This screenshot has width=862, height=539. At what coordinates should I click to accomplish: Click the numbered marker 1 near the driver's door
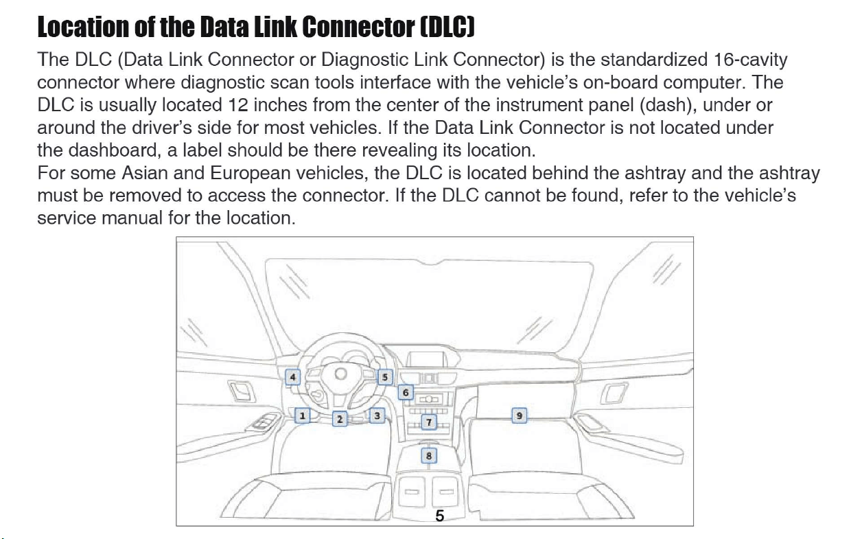click(x=302, y=416)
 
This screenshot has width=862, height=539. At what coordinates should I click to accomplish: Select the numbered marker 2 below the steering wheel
click(x=340, y=419)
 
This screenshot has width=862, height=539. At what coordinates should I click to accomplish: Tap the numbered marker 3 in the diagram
click(x=377, y=416)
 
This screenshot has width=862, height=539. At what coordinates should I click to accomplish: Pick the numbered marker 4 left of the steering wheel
click(x=292, y=377)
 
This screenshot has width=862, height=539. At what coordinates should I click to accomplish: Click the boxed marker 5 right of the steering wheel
click(x=385, y=377)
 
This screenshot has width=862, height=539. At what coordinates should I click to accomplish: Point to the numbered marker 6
click(x=405, y=392)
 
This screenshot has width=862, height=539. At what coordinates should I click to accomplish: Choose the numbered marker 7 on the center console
click(x=429, y=422)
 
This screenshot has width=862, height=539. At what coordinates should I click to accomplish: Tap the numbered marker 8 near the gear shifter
click(x=429, y=456)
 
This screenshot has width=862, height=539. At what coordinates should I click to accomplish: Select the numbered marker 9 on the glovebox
click(x=519, y=416)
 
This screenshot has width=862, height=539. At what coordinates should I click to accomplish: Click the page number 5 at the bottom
click(x=439, y=516)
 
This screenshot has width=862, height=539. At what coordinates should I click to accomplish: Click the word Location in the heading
click(x=83, y=27)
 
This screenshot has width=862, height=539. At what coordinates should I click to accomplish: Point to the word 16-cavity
click(x=750, y=60)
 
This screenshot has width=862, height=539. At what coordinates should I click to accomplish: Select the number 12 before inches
click(x=238, y=105)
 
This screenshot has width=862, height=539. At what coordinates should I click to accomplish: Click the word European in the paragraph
click(x=250, y=174)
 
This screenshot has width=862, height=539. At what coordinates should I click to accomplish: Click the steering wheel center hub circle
click(x=340, y=374)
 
